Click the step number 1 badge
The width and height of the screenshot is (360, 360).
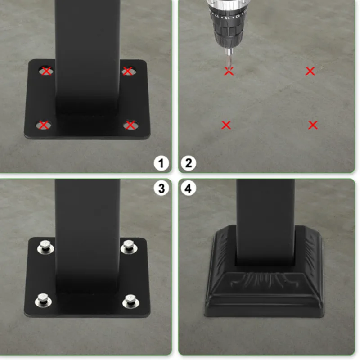(x=161, y=162)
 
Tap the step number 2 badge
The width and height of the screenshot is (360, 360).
(x=189, y=162)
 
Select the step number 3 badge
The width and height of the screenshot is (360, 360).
(x=161, y=189)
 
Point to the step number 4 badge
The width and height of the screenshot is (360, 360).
(x=189, y=189)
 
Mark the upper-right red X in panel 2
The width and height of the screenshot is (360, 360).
(x=310, y=71)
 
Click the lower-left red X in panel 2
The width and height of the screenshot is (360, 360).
(x=226, y=125)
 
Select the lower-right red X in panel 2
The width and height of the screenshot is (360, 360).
(x=313, y=125)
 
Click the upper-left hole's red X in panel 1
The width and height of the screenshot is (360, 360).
(x=46, y=71)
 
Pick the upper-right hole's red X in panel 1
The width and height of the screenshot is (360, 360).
(x=127, y=71)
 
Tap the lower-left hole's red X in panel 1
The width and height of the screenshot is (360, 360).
(x=44, y=125)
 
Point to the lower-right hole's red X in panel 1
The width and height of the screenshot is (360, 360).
(x=130, y=125)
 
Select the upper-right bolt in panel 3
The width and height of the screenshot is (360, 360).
(x=128, y=246)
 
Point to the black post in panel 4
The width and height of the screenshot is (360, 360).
(x=265, y=216)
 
